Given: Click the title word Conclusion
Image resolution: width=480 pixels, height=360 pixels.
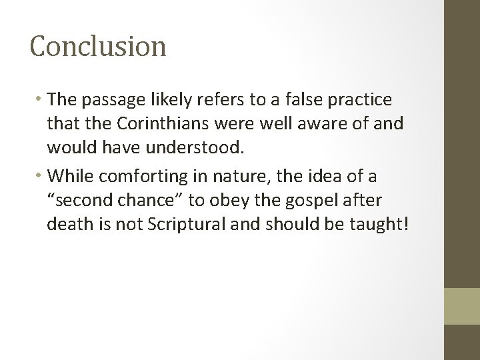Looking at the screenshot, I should click(98, 47).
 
